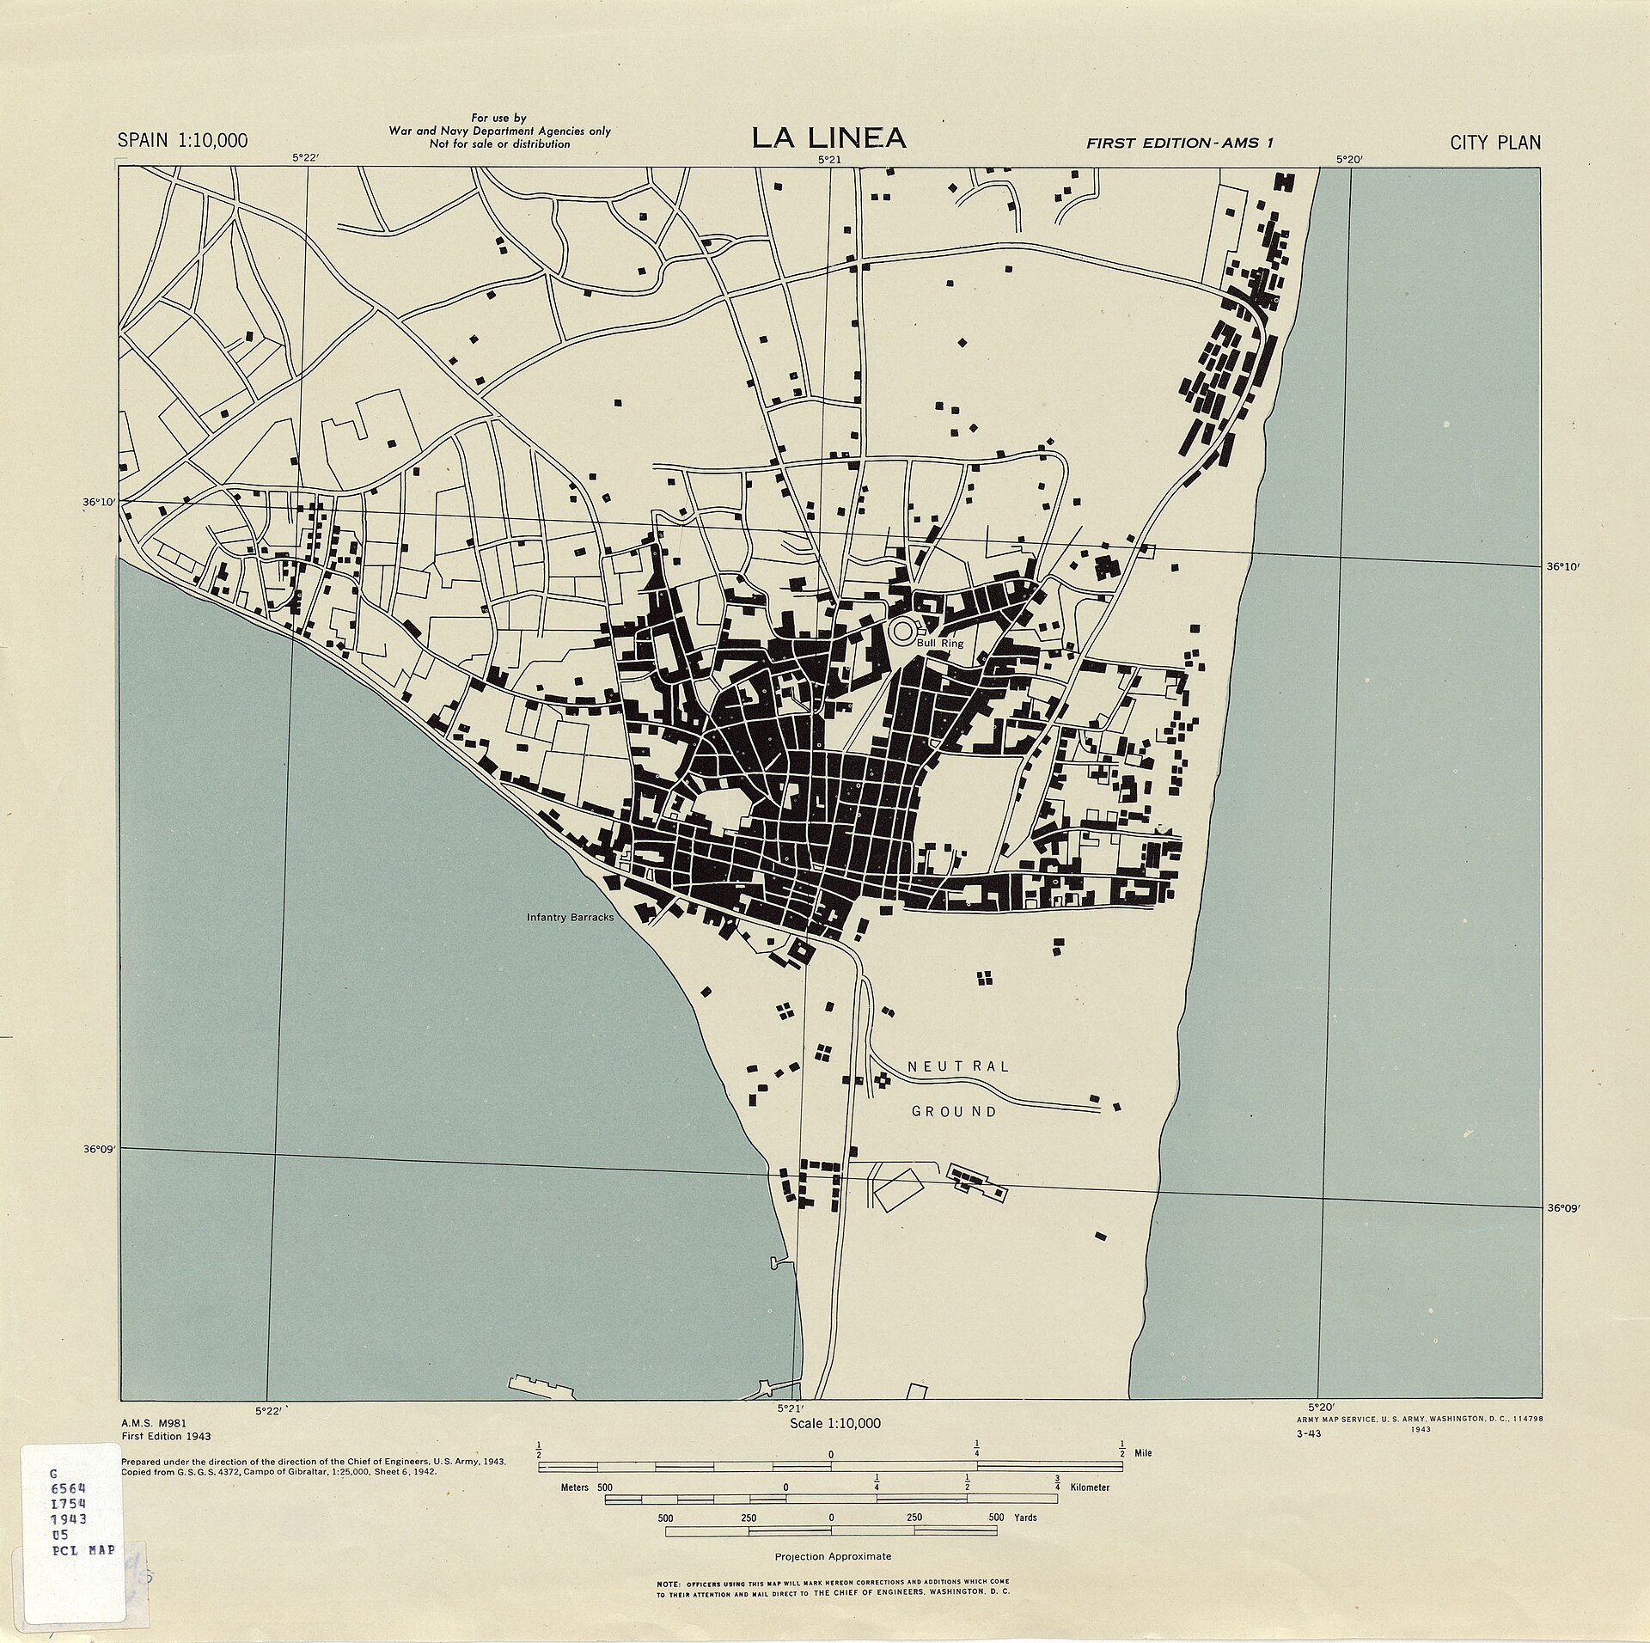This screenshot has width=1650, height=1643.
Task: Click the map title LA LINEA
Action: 828,137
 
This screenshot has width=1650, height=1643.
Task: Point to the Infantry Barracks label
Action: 570,917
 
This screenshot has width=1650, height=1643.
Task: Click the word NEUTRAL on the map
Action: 958,1066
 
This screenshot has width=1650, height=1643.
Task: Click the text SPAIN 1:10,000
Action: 182,141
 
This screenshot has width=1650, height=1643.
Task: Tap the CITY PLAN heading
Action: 1495,143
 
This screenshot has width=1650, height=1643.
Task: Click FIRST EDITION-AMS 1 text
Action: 1179,144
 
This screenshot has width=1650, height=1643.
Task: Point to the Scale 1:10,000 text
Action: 834,1423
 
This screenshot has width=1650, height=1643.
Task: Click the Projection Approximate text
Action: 833,1556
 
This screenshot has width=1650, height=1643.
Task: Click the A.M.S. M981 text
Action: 156,1422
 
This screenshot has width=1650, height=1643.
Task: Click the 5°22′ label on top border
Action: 305,157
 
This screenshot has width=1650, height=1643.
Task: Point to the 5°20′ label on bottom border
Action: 1320,1407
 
